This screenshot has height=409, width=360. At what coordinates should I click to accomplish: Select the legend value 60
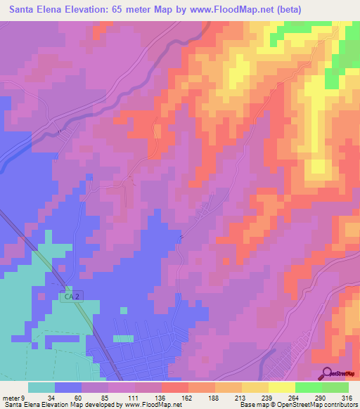(x=68, y=398)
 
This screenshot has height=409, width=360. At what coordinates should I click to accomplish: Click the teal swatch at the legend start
(x=41, y=387)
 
